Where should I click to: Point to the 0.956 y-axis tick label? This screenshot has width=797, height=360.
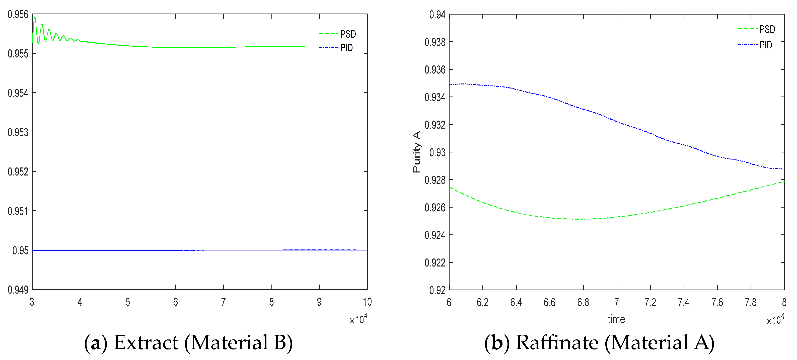[x=18, y=15]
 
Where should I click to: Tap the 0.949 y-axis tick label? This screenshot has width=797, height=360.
[x=18, y=290]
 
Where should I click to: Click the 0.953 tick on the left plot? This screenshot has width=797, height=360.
[x=18, y=132]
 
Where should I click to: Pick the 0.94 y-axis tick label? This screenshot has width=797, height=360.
[x=437, y=15]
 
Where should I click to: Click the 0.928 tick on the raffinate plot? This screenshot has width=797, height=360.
[x=435, y=180]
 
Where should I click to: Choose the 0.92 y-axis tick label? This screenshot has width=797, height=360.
[x=437, y=290]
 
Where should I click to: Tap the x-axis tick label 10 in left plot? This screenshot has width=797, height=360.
[x=367, y=302]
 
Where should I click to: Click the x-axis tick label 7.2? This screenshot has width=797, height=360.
[x=650, y=302]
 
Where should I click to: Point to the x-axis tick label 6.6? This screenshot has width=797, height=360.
[x=549, y=302]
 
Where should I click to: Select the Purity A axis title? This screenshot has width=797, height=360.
[x=416, y=152]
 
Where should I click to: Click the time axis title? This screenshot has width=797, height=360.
[x=616, y=319]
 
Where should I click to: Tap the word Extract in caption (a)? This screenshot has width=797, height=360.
[x=146, y=343]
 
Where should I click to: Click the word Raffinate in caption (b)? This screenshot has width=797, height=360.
[x=557, y=343]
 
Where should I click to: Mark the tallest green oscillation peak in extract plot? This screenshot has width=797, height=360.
[x=35, y=17]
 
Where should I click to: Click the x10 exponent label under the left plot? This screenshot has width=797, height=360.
[x=358, y=319]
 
